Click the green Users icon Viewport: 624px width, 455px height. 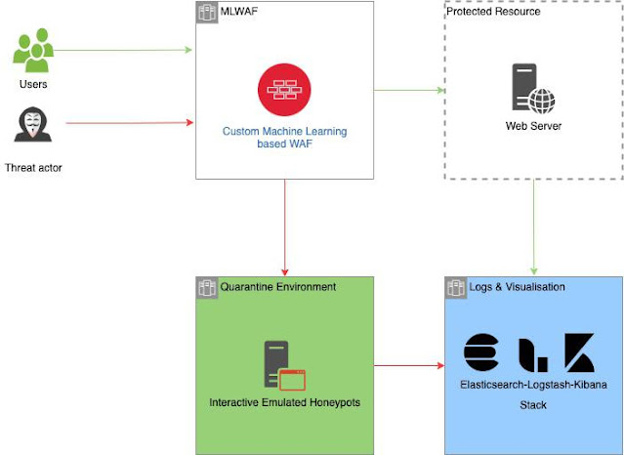[32, 51]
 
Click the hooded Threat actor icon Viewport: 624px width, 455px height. [32, 125]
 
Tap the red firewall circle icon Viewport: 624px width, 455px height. [283, 90]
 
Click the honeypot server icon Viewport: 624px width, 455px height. [283, 365]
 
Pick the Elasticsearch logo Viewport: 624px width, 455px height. [480, 352]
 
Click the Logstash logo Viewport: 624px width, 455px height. [532, 353]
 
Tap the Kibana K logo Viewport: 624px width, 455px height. [579, 352]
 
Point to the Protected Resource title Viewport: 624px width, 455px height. [493, 12]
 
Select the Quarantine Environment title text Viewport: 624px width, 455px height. [277, 287]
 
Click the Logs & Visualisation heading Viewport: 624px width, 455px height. [517, 287]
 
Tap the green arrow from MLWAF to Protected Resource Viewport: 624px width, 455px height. [409, 91]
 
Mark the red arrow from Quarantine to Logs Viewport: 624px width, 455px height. [408, 366]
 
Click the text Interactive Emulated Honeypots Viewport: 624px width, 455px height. [283, 402]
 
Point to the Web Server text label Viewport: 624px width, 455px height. [533, 126]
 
